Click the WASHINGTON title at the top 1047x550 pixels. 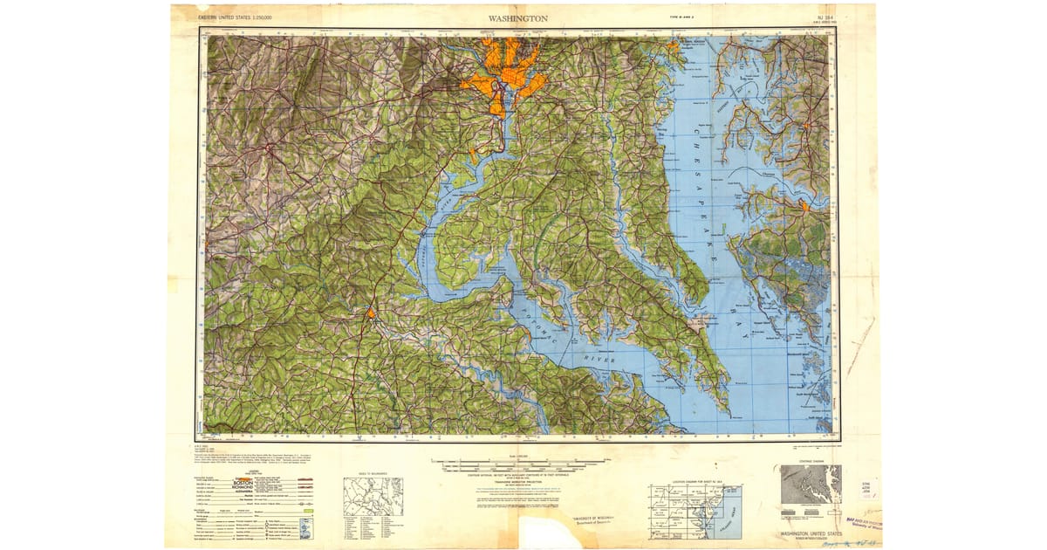(x=518, y=17)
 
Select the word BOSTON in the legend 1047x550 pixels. (x=243, y=482)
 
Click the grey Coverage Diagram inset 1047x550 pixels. (x=811, y=484)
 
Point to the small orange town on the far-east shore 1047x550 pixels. (x=804, y=208)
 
